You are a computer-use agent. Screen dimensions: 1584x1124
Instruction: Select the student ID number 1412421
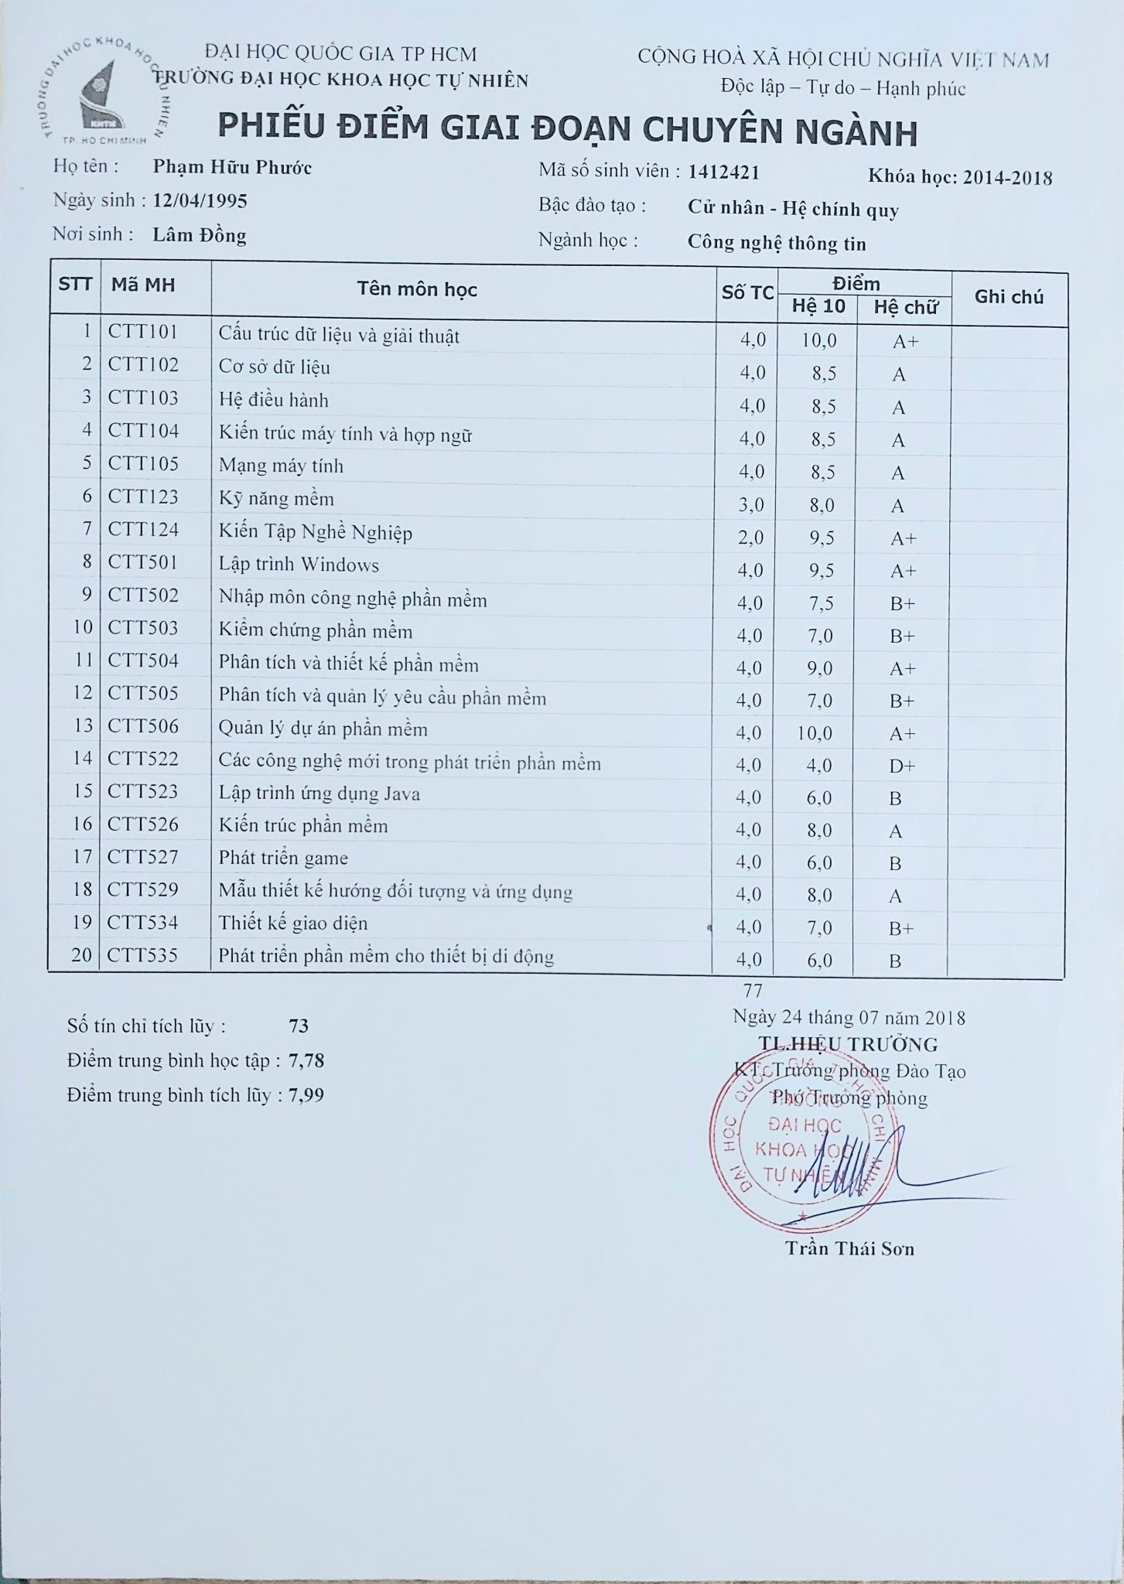[723, 172]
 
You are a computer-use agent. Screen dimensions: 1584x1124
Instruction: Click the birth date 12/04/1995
[200, 202]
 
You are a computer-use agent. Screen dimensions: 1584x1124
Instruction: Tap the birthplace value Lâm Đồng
[199, 236]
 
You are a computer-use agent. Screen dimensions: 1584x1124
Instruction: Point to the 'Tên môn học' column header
[417, 290]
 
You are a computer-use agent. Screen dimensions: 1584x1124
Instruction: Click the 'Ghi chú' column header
[1009, 297]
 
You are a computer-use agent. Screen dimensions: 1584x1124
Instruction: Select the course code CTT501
[143, 562]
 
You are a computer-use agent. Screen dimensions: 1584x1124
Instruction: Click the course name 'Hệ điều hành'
[273, 401]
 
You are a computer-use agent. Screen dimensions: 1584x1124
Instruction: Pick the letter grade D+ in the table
[902, 766]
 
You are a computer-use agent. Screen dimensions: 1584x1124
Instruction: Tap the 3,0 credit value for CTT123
[751, 505]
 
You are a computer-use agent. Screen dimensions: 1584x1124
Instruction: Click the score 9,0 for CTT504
[819, 667]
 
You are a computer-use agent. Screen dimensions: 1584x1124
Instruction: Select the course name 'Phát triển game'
[283, 858]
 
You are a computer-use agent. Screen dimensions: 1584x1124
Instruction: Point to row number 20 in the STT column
[81, 955]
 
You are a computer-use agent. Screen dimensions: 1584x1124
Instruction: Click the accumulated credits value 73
[298, 1026]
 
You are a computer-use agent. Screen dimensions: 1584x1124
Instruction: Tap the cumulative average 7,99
[306, 1095]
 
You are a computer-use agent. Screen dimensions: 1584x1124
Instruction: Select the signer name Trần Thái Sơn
[849, 1248]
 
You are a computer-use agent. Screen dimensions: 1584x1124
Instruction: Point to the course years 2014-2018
[1007, 178]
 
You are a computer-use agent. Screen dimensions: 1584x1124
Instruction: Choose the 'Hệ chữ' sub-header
[905, 307]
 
